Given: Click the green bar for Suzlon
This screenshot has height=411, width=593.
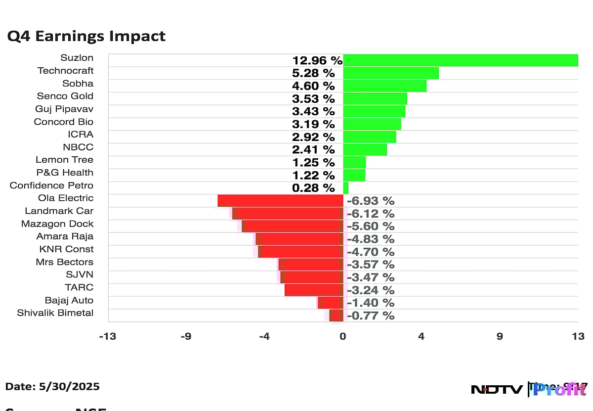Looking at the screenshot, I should [461, 60].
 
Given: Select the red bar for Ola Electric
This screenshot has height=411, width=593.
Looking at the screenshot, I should [280, 200].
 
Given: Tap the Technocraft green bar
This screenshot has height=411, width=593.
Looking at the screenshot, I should [391, 73].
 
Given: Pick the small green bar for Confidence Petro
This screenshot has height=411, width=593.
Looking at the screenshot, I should [346, 188].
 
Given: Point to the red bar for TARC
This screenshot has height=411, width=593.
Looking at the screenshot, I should [314, 290].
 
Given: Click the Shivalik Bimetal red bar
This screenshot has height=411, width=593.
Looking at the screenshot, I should [336, 316].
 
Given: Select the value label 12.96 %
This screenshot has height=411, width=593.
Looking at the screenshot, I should [317, 61].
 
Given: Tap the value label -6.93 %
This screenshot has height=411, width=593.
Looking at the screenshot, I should [371, 201].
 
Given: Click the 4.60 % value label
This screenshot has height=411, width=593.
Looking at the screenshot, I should [313, 86].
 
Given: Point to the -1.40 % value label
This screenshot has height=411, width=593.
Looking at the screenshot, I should [371, 303].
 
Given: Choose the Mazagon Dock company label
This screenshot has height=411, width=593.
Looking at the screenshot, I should [57, 224].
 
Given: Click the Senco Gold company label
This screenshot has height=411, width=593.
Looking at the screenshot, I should [65, 96].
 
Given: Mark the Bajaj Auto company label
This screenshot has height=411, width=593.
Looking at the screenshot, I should [69, 300].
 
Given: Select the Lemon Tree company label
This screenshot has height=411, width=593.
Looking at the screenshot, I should [64, 160].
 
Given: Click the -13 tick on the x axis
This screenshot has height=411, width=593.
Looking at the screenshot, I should [107, 337].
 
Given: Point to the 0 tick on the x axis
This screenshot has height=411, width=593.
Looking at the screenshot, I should [343, 337].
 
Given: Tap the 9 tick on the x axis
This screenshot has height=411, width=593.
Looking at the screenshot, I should [500, 337].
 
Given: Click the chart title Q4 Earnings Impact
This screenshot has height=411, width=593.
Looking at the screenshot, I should [86, 36].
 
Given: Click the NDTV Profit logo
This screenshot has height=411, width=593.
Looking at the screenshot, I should [529, 389].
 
